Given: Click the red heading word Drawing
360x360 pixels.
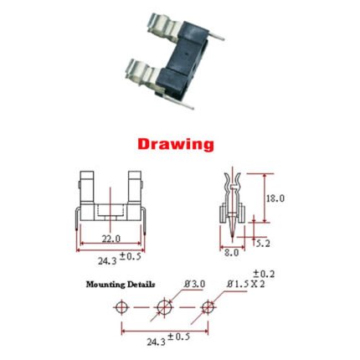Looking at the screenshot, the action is (x=176, y=145).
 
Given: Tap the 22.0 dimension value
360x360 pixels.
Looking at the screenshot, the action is (x=111, y=239).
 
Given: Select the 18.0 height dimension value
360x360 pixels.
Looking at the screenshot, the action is (x=275, y=198).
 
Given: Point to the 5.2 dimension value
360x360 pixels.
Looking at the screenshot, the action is (x=263, y=244).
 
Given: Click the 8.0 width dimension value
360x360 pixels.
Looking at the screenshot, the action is (x=232, y=253).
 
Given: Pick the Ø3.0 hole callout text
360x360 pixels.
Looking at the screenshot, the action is (x=194, y=284).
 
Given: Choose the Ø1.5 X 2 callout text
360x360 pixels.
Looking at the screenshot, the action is (x=245, y=285).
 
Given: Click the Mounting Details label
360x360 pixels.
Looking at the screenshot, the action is (x=121, y=285).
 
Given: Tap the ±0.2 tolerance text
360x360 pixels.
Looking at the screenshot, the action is (x=264, y=274).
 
